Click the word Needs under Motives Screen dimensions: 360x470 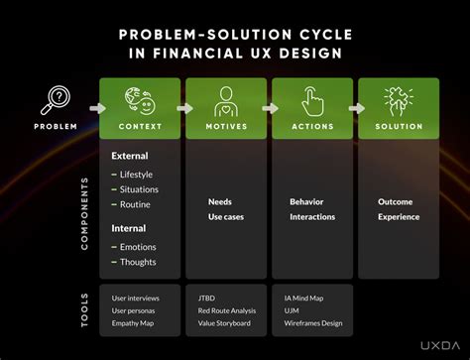coord(219,201)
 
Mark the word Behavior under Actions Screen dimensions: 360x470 coord(306,201)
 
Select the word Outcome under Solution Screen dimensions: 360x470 coord(395,201)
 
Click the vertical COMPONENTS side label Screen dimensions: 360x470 coord(84,212)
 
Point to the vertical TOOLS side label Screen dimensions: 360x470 coord(84,308)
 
